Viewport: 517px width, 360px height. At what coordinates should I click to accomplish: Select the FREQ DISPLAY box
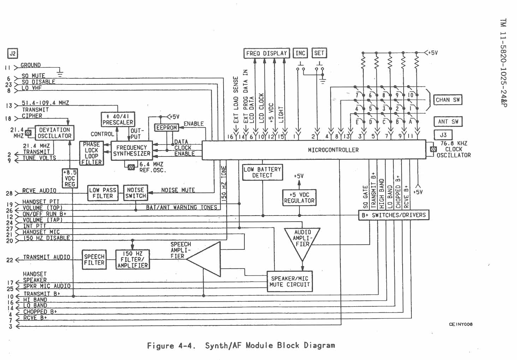pyautogui.click(x=267, y=53)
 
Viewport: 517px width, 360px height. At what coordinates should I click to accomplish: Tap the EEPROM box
pyautogui.click(x=166, y=128)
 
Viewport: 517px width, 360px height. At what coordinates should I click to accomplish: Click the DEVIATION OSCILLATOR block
pyautogui.click(x=54, y=133)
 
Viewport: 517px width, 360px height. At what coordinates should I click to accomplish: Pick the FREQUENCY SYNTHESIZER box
pyautogui.click(x=131, y=151)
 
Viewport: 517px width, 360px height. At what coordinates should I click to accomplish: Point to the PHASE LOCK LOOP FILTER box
pyautogui.click(x=91, y=153)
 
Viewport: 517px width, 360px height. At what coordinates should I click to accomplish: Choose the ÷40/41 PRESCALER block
pyautogui.click(x=118, y=119)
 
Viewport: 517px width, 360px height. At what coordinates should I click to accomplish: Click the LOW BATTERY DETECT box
pyautogui.click(x=262, y=172)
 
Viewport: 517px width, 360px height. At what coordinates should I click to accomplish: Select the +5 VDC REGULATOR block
pyautogui.click(x=299, y=198)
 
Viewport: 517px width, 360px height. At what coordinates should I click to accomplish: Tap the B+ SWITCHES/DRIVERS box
pyautogui.click(x=393, y=215)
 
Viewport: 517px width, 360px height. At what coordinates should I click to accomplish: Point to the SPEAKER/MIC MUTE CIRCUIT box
pyautogui.click(x=290, y=282)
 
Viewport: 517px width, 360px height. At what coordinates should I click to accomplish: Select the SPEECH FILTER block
pyautogui.click(x=94, y=260)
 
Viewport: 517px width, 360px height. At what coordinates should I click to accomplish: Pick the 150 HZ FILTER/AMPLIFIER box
pyautogui.click(x=132, y=260)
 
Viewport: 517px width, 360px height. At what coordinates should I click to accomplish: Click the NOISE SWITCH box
pyautogui.click(x=135, y=193)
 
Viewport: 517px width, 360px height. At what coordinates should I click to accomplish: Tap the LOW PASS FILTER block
pyautogui.click(x=102, y=193)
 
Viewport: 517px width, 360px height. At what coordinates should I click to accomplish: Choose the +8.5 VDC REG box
pyautogui.click(x=70, y=178)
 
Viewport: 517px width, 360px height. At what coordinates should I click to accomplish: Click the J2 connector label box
pyautogui.click(x=13, y=53)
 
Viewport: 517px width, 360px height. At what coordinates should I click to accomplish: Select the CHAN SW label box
pyautogui.click(x=447, y=100)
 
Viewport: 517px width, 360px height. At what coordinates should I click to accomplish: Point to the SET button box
pyautogui.click(x=319, y=53)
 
